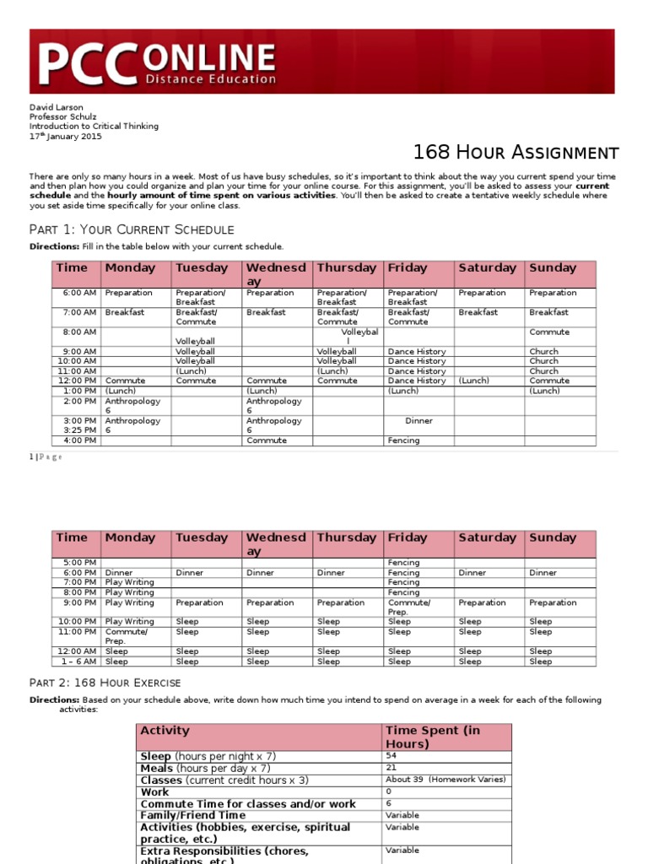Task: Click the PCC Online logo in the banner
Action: [x=157, y=64]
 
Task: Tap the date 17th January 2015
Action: [x=66, y=136]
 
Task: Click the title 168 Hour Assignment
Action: [x=516, y=153]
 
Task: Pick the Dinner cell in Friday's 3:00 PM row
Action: [x=418, y=420]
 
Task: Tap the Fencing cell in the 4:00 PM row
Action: [x=403, y=440]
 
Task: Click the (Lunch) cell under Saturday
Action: [x=473, y=381]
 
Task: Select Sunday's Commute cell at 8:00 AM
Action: [x=548, y=332]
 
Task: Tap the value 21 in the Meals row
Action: [x=391, y=769]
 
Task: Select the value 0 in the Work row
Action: [x=388, y=792]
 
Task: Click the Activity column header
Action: [x=165, y=731]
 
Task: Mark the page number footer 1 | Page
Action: [x=46, y=457]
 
